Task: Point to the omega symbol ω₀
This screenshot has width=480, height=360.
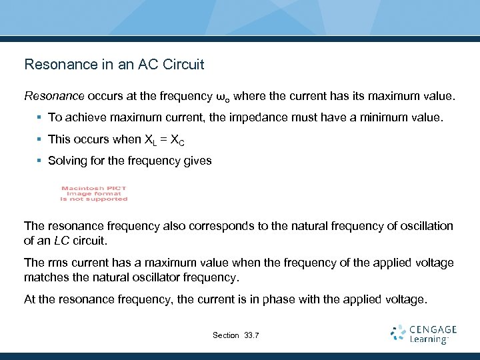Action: point(224,97)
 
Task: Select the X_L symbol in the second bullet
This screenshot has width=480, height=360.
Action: point(150,140)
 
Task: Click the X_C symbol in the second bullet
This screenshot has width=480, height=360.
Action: point(177,140)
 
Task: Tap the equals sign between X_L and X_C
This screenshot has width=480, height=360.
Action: point(163,139)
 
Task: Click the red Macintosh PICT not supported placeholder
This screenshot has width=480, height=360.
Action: point(94,193)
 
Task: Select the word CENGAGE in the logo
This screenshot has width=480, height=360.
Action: point(433,329)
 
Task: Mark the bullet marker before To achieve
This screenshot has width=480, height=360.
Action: point(39,118)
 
